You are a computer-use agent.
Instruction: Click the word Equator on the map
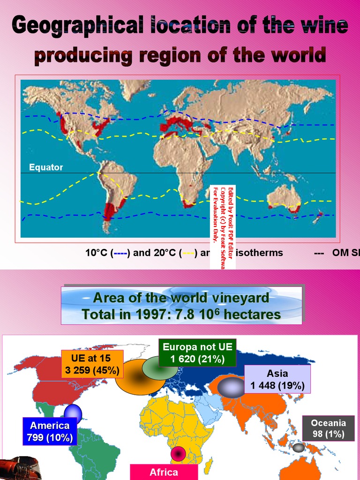(46, 167)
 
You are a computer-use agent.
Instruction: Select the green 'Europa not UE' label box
(197, 353)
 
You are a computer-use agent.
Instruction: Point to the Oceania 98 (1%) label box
(328, 428)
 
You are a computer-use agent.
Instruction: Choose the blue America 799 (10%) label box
(50, 432)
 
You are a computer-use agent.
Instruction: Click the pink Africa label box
(164, 472)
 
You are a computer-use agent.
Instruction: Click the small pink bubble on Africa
(179, 454)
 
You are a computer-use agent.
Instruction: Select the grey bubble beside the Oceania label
(299, 448)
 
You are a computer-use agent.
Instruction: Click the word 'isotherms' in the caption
(260, 253)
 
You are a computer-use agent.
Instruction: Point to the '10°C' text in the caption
(97, 253)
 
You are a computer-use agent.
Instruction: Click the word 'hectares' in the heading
(253, 314)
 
